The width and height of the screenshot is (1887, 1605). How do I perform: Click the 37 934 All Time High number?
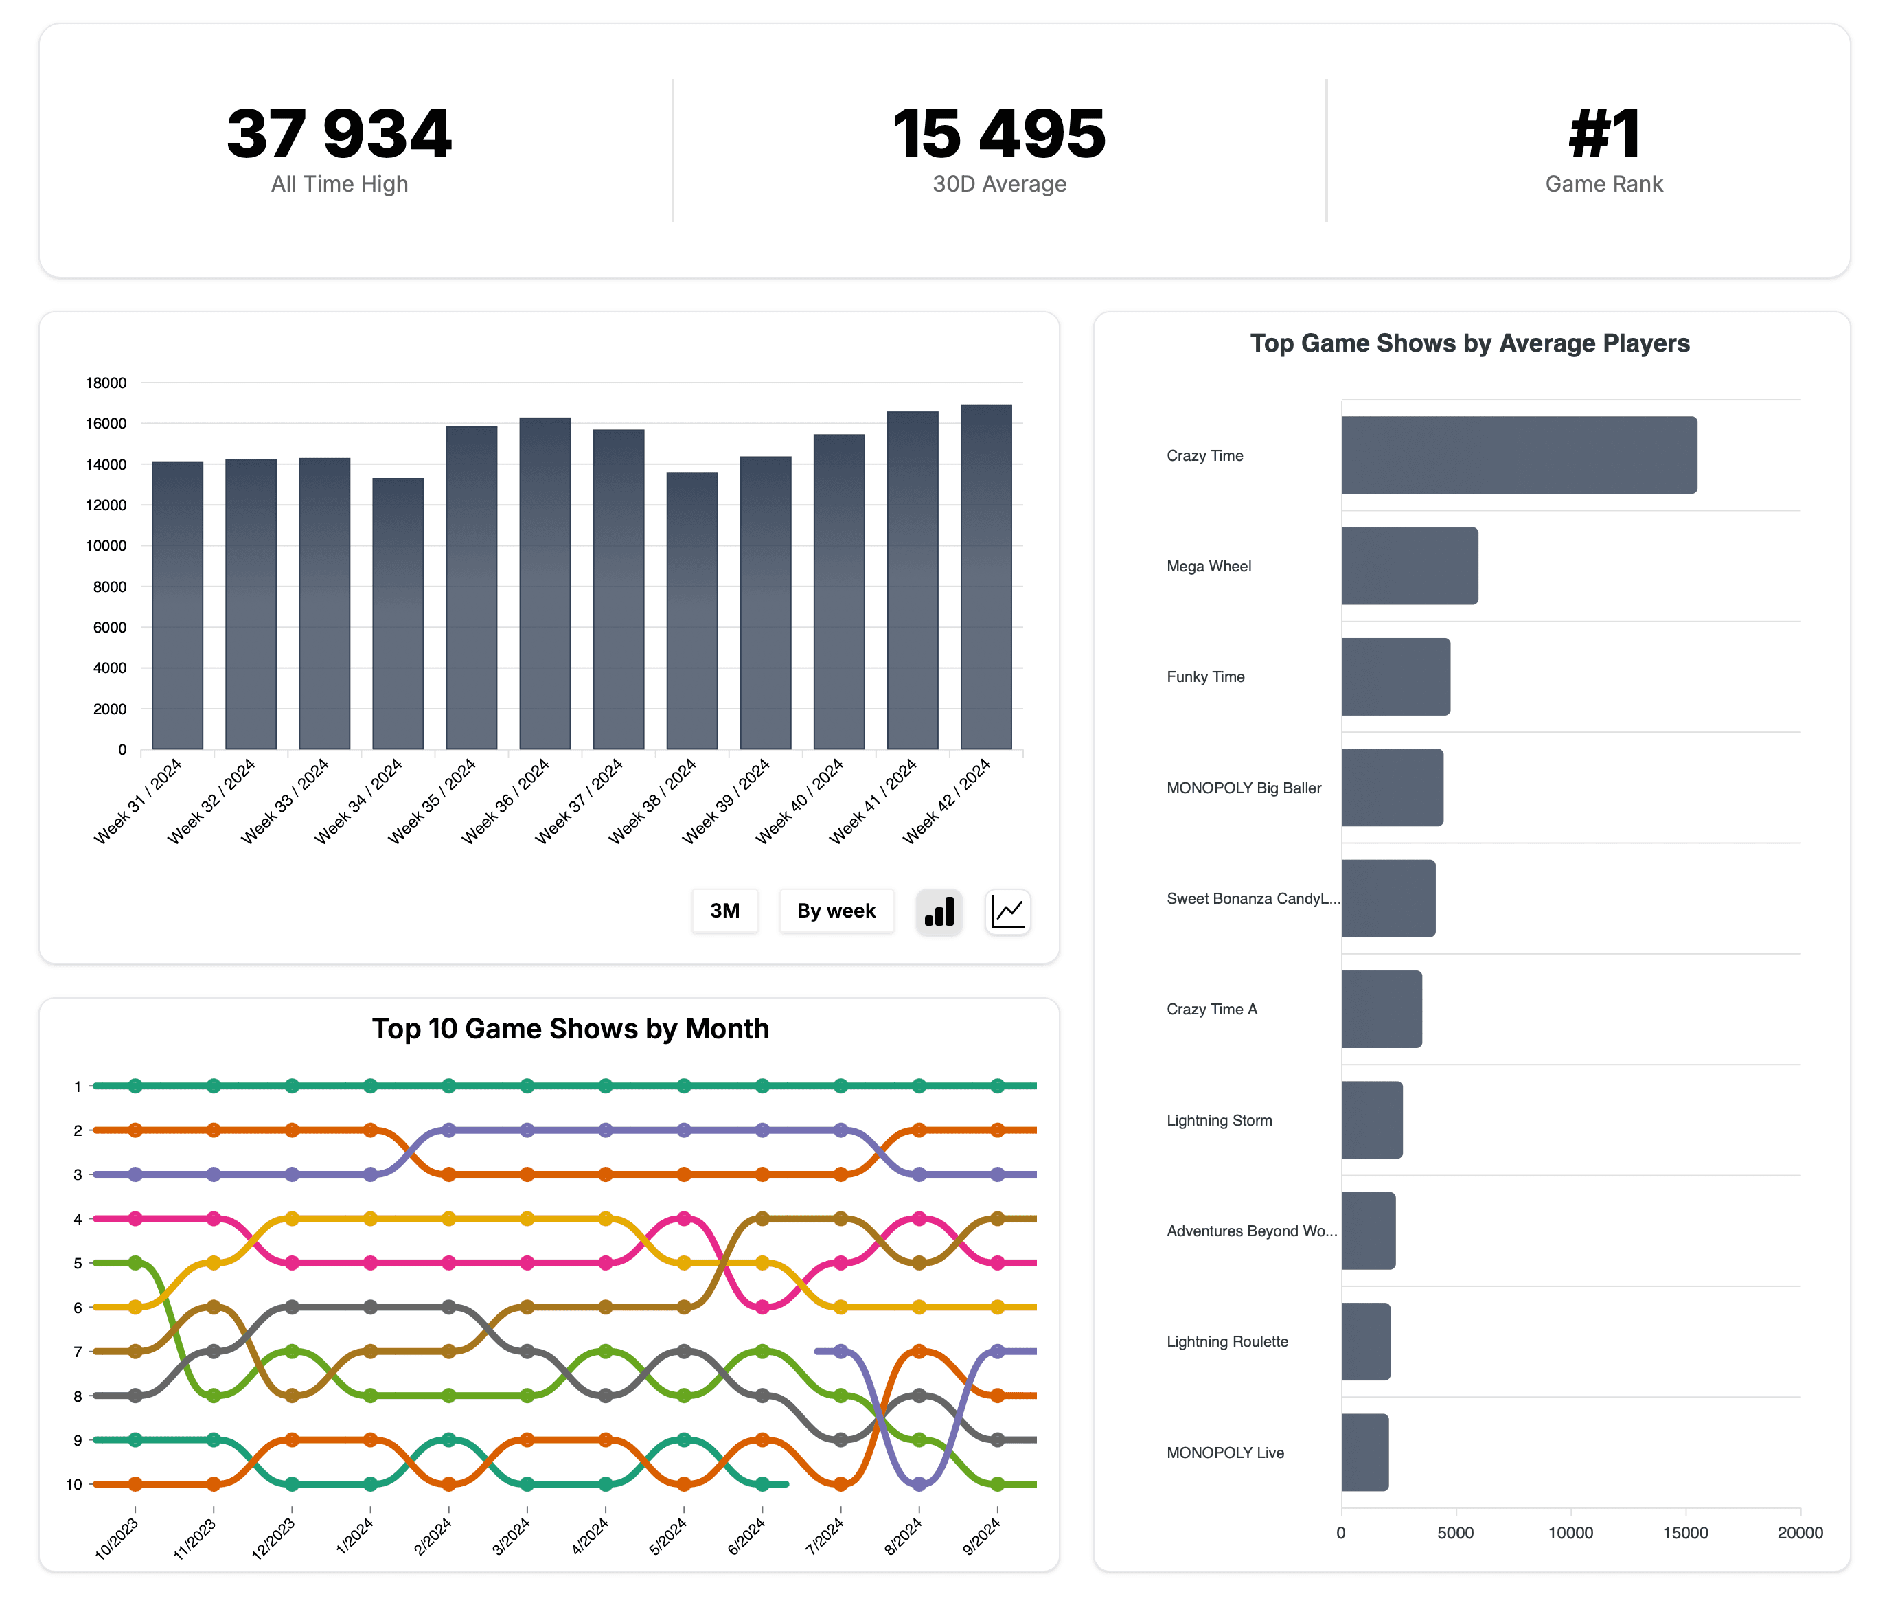pos(339,134)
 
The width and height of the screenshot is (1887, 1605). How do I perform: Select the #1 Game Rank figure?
pos(1603,134)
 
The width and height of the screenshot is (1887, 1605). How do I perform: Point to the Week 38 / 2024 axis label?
pos(653,800)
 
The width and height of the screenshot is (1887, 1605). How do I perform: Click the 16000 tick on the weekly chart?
pos(106,423)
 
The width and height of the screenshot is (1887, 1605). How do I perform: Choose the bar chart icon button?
pos(938,911)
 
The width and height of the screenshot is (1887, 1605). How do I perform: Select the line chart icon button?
pos(1007,911)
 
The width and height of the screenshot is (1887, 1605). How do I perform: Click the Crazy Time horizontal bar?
pos(1518,455)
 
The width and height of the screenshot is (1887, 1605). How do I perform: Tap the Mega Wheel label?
pos(1209,566)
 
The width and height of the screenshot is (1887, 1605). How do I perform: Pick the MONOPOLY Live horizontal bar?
pos(1364,1452)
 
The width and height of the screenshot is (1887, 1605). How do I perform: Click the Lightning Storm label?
pos(1218,1120)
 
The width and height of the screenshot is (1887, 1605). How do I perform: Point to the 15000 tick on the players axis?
pos(1684,1533)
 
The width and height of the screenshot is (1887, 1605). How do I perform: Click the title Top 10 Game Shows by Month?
pos(571,1028)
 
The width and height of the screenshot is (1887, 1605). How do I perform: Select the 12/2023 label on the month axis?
pos(273,1538)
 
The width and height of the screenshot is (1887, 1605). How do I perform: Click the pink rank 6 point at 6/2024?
pos(762,1306)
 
